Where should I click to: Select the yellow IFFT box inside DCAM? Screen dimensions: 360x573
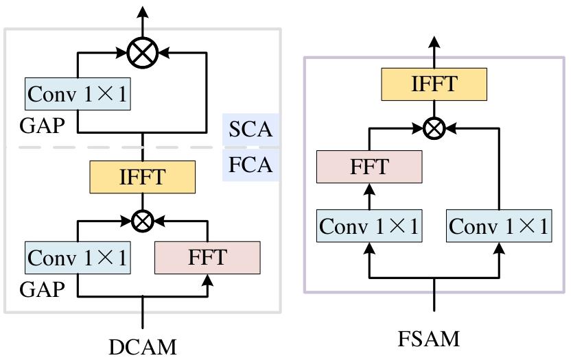143,178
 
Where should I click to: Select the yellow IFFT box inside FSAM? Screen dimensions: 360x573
434,85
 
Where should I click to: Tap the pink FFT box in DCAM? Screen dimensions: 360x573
208,258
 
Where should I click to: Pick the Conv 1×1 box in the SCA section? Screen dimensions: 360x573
76,95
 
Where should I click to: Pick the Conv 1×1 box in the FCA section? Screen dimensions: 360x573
76,258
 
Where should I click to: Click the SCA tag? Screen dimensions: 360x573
251,130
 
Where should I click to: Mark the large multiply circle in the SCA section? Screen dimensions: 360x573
143,51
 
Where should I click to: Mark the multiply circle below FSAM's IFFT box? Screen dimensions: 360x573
434,127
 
